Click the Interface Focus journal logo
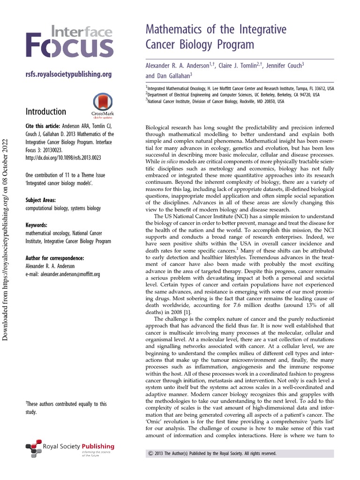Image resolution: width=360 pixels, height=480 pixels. (69, 43)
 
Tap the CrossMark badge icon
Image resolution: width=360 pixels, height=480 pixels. (103, 105)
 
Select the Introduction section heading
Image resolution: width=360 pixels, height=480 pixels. (45, 112)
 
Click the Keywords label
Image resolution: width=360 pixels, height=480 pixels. (37, 225)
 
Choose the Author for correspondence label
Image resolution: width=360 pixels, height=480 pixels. (55, 258)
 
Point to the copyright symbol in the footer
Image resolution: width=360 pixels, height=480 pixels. (150, 453)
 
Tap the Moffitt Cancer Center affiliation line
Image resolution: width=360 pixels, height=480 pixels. (240, 88)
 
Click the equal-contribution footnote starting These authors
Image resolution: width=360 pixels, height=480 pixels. (66, 408)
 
